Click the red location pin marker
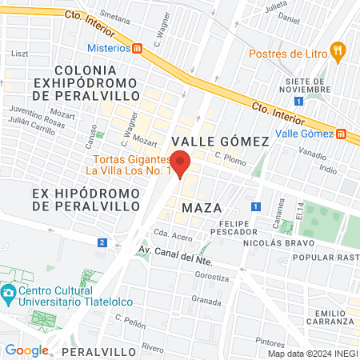181,162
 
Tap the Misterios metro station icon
138,48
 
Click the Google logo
26,350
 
